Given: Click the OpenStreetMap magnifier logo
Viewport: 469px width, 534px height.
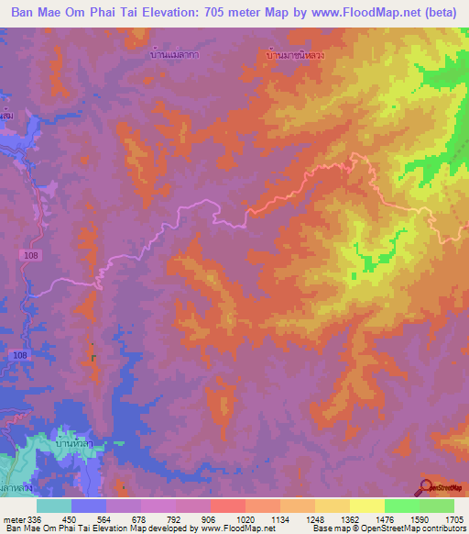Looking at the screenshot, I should click(424, 487).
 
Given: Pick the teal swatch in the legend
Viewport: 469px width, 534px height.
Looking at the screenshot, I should click(53, 506).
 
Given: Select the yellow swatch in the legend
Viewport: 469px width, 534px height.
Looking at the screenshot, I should click(366, 506).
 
